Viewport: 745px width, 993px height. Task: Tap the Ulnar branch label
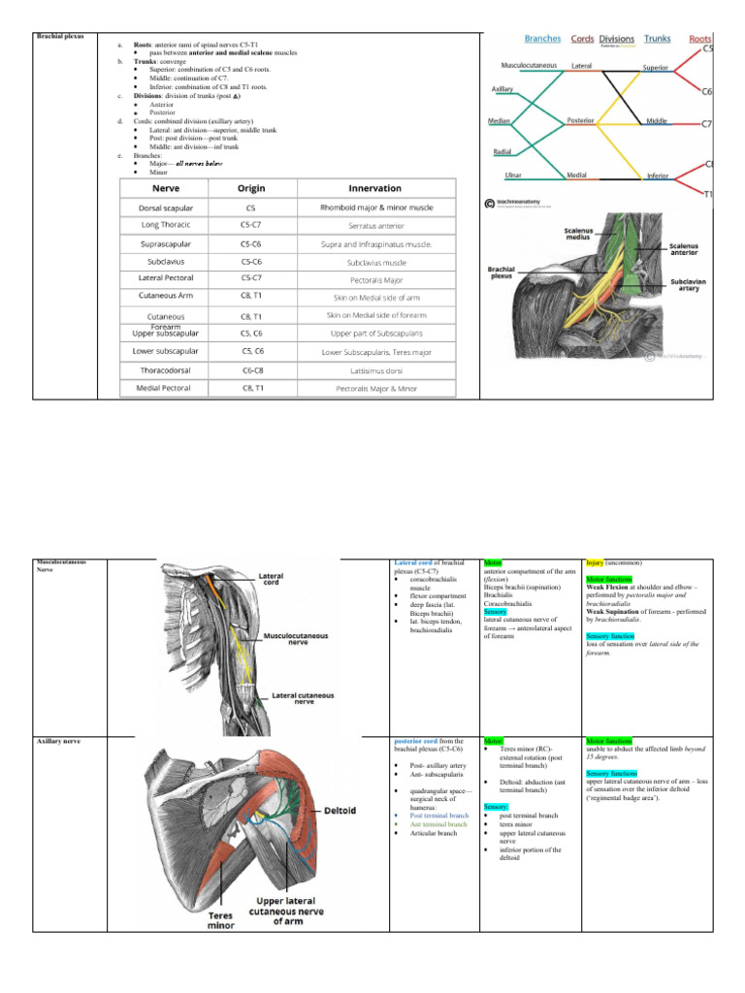tap(514, 176)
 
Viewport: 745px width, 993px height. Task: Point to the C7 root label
tap(707, 124)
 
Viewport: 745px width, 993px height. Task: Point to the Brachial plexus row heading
tap(59, 37)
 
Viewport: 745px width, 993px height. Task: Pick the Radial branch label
tap(502, 152)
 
